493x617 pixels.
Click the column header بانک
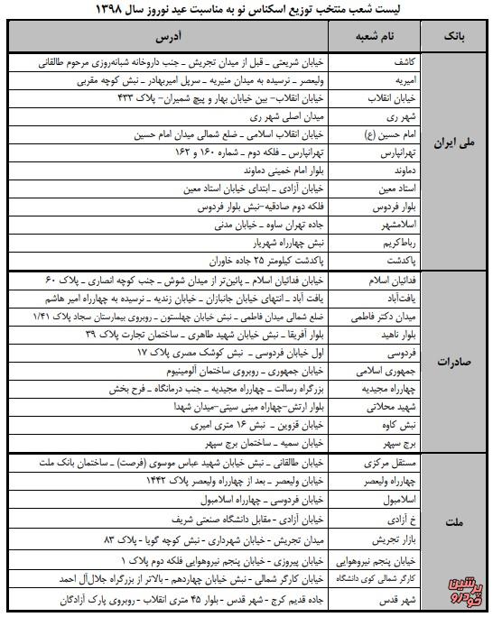(457, 38)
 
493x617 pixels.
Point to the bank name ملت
(457, 522)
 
